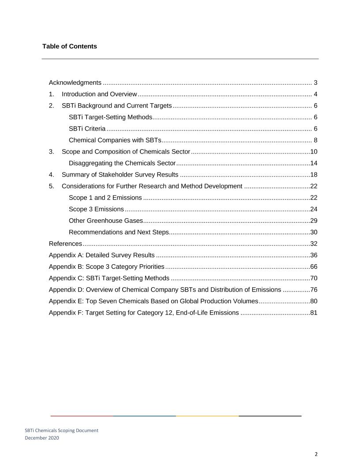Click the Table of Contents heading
coord(70,46)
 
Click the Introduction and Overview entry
coord(100,94)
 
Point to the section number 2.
coord(52,105)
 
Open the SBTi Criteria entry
coord(87,128)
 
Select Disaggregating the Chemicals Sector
coord(123,163)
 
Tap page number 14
coord(314,163)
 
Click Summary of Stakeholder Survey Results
coord(120,174)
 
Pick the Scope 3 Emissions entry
coord(96,209)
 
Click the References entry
coord(65,244)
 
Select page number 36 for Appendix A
coord(314,255)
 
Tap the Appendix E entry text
coord(153,301)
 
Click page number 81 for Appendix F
coord(314,312)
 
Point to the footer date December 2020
coord(42,438)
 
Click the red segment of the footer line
coord(82,416)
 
